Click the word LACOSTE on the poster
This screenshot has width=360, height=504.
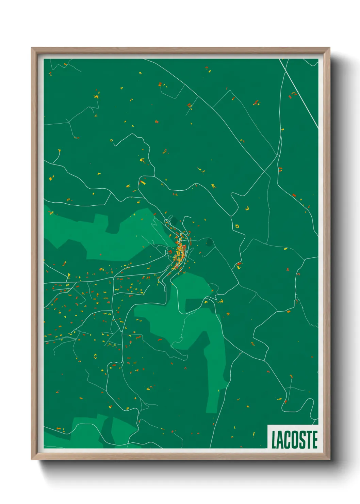tap(294, 440)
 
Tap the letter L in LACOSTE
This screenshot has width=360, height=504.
tap(274, 440)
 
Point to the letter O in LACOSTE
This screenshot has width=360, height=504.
tap(293, 440)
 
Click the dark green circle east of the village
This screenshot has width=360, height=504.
tap(209, 242)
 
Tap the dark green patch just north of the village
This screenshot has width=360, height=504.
tap(175, 222)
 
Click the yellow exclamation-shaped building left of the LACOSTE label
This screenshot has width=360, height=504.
tap(254, 434)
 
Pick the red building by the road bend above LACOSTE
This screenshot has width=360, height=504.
tap(285, 402)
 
